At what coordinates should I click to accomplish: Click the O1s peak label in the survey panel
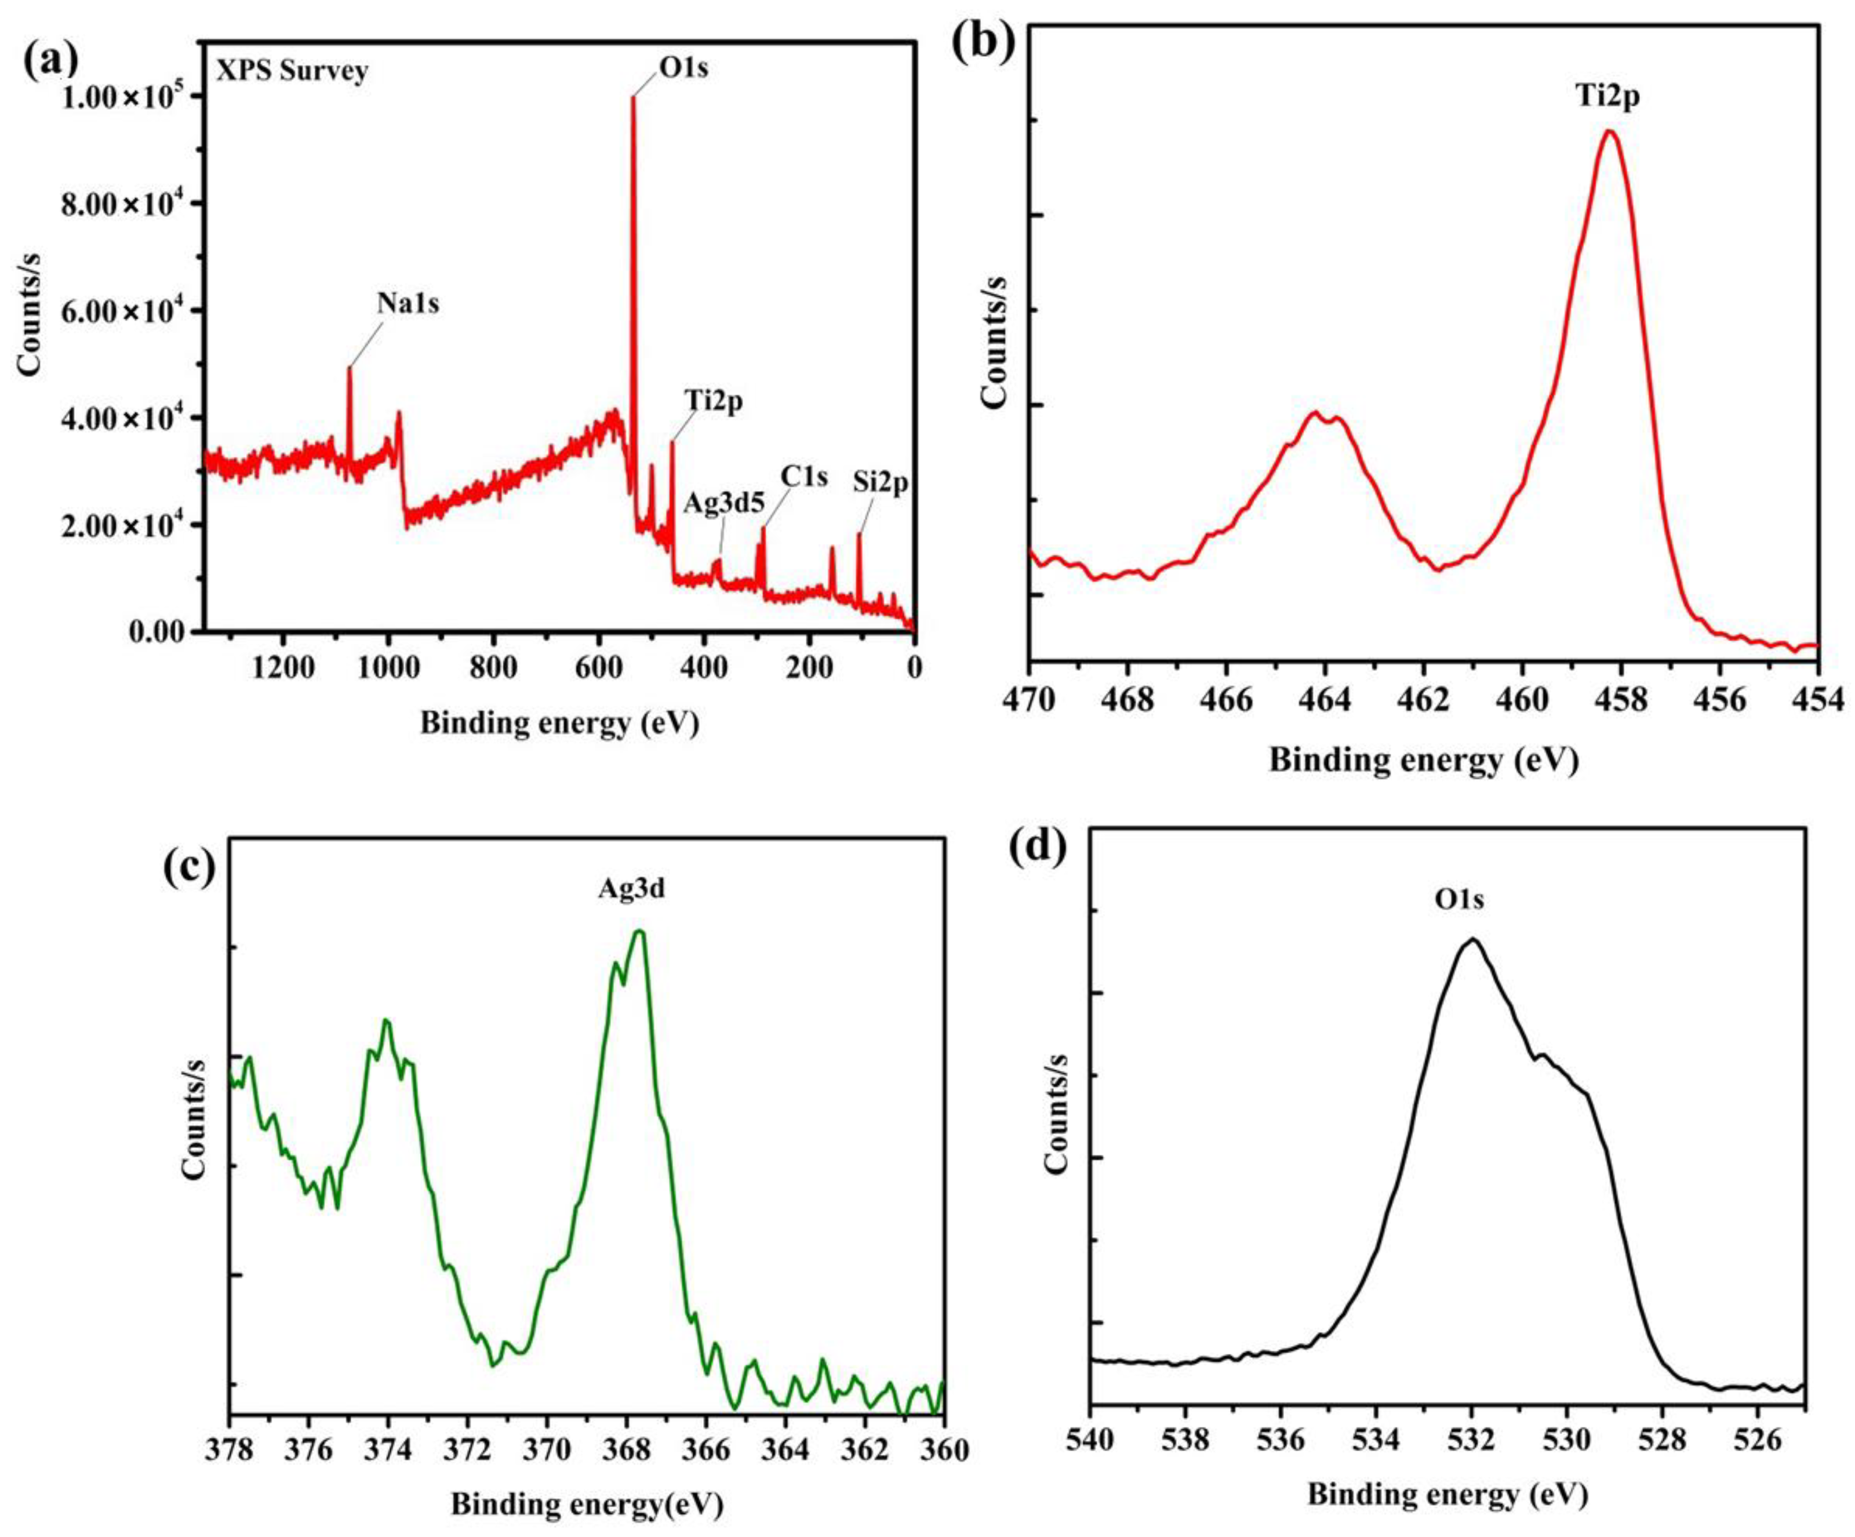683,68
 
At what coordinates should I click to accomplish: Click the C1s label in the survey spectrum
804,477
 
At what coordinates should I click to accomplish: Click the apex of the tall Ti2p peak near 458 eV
1609,132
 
